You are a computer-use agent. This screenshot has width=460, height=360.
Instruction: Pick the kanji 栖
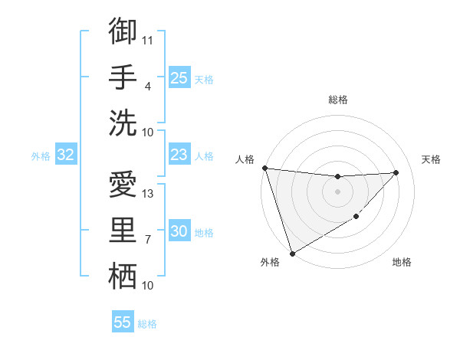pyautogui.click(x=123, y=277)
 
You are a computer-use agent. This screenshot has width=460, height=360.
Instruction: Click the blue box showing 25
pyautogui.click(x=179, y=78)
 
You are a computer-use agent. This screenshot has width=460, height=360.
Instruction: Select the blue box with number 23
pyautogui.click(x=179, y=155)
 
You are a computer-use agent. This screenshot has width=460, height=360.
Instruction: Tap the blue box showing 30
pyautogui.click(x=179, y=232)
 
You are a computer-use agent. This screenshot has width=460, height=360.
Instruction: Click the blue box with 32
pyautogui.click(x=66, y=155)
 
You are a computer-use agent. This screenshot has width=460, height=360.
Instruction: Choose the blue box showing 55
pyautogui.click(x=123, y=322)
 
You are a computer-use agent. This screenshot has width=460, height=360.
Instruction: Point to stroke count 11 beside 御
pyautogui.click(x=148, y=39)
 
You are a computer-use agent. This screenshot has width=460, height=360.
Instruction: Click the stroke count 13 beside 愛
pyautogui.click(x=148, y=193)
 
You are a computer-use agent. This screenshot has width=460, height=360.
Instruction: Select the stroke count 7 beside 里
pyautogui.click(x=148, y=240)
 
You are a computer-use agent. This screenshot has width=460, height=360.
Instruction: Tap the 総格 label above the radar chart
pyautogui.click(x=337, y=100)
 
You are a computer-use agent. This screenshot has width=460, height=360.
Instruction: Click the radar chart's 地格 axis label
pyautogui.click(x=402, y=262)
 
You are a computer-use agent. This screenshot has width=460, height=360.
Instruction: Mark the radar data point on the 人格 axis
pyautogui.click(x=264, y=168)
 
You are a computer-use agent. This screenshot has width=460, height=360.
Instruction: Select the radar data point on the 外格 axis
pyautogui.click(x=292, y=253)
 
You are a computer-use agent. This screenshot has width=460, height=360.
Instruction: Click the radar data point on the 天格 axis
pyautogui.click(x=396, y=172)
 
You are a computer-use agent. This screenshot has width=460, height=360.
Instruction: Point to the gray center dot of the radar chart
pyautogui.click(x=337, y=191)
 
